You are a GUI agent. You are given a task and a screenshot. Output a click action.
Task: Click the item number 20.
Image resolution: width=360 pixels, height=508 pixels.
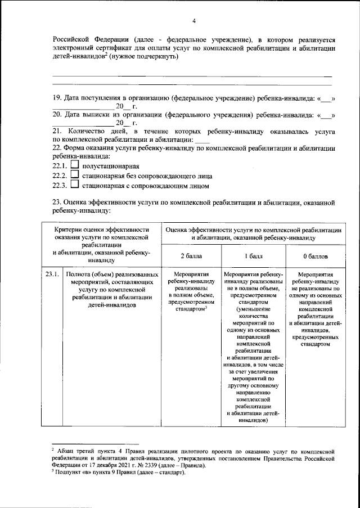coord(57,115)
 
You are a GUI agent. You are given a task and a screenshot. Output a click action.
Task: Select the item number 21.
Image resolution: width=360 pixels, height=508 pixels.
coord(57,131)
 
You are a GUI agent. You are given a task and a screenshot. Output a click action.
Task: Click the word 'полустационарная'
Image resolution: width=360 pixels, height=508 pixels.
coord(110,167)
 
